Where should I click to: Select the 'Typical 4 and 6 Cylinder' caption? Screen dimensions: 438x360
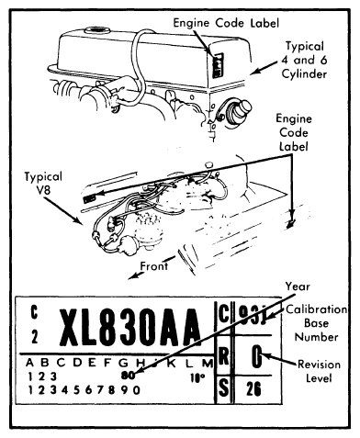click(310, 62)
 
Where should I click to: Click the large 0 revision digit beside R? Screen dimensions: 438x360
click(258, 358)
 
